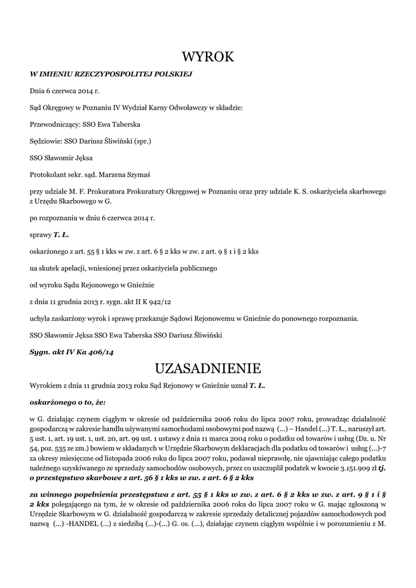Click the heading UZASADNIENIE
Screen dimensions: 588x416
(x=208, y=367)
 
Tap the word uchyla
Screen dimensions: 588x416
(x=39, y=318)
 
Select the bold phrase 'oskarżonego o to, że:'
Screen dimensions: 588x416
(x=68, y=403)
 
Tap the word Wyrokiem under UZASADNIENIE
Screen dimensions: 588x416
(x=45, y=385)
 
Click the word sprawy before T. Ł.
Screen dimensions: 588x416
(x=40, y=234)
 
